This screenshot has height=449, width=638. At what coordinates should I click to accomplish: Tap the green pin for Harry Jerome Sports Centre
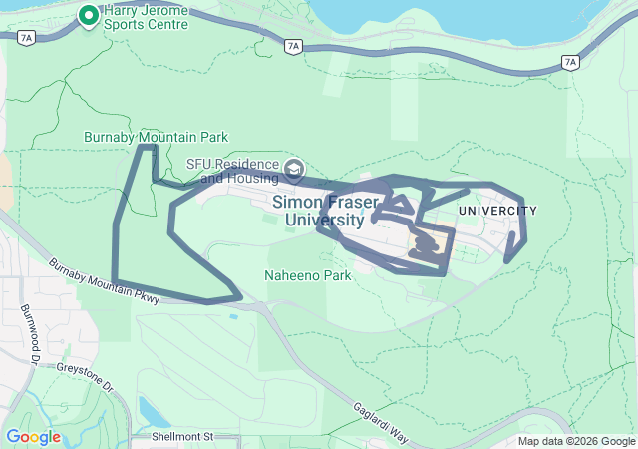point(88,16)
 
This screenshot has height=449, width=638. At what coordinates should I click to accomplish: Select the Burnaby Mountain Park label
point(155,137)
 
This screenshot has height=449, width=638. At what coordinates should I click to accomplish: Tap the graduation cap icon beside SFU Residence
point(293,167)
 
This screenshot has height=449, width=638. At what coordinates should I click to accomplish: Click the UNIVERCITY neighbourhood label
point(497,211)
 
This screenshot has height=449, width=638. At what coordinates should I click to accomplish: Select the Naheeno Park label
point(307,275)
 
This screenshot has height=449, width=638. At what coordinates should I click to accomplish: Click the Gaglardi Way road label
point(381,423)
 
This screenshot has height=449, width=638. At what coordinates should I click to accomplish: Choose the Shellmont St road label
point(183,437)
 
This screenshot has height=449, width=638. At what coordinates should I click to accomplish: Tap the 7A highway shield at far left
point(26,36)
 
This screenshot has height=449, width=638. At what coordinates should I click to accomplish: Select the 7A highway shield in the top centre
point(292,46)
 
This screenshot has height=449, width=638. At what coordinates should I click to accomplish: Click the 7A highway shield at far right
point(570,62)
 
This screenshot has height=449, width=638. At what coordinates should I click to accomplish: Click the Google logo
point(33,437)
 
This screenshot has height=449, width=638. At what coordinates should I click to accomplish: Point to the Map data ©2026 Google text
point(575,441)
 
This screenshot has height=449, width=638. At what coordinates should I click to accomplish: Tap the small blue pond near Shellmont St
point(150,410)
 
